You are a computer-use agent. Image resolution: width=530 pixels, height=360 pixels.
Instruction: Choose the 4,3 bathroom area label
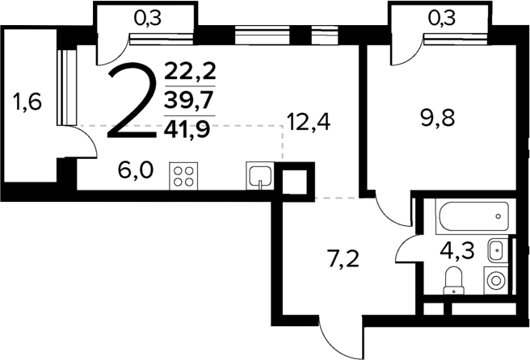pos(456,247)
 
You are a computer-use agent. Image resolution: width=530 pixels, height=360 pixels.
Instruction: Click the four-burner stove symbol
pos(183,175)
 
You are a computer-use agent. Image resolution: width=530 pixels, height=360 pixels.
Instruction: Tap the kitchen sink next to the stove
pos(260,176)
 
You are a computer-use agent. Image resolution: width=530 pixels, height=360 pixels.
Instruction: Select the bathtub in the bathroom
pos(474,216)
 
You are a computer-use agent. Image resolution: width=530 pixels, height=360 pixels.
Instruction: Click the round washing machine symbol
pos(495,281)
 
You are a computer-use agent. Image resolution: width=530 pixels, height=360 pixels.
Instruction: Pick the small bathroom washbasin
pos(497,249)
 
